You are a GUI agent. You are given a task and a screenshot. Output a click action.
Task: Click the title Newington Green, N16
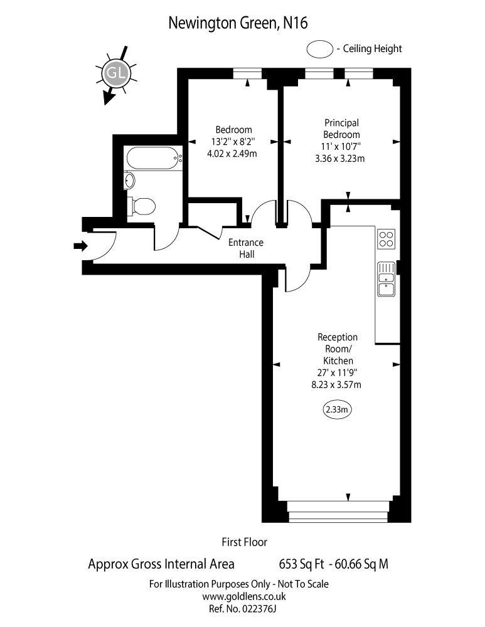(238, 23)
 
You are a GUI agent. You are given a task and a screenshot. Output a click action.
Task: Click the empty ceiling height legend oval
(319, 48)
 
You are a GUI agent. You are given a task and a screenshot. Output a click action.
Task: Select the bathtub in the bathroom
(153, 158)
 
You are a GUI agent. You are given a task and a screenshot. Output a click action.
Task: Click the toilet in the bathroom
(142, 205)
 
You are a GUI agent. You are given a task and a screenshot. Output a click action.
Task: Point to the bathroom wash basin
(130, 181)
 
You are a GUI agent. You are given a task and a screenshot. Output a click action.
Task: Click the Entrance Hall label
(245, 248)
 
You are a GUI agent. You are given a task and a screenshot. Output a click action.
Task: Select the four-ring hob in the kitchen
(386, 239)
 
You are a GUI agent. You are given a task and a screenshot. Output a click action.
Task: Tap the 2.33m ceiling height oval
(337, 409)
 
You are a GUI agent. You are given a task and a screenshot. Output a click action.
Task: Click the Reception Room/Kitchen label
(338, 349)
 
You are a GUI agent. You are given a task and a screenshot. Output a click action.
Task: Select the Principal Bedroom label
(341, 129)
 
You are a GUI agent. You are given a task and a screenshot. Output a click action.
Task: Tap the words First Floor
(244, 541)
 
